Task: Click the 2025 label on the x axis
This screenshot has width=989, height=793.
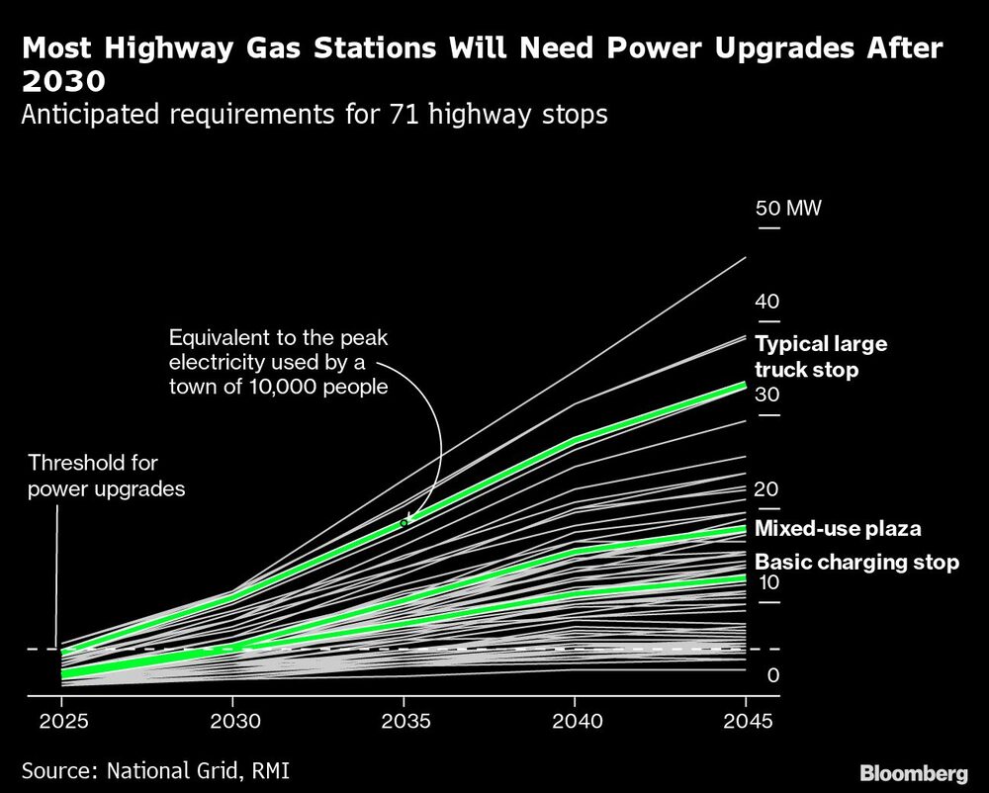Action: (x=61, y=721)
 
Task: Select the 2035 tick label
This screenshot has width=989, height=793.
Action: (x=404, y=721)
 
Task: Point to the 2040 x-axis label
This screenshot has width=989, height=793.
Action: (x=576, y=721)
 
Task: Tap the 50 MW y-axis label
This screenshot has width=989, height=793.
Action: (x=788, y=209)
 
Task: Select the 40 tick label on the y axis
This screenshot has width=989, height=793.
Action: (x=767, y=302)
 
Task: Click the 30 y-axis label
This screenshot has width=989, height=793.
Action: (x=767, y=396)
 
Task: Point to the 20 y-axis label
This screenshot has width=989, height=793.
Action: (x=767, y=488)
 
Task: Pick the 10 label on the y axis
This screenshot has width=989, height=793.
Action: (x=767, y=582)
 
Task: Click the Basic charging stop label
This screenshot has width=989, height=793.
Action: (x=856, y=563)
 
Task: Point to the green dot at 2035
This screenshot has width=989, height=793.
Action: (x=404, y=522)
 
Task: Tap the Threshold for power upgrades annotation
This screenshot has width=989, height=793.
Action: (x=107, y=476)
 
